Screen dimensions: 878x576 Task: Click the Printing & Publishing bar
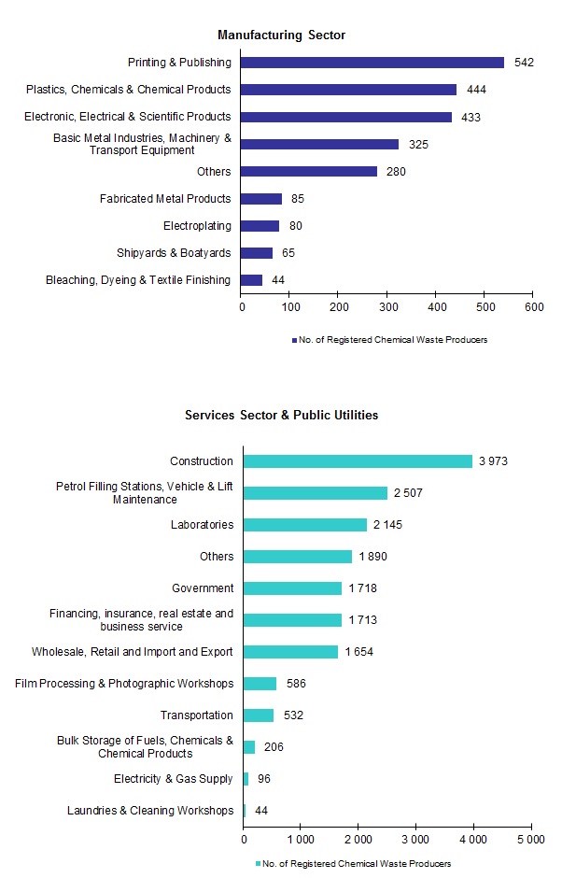click(x=372, y=63)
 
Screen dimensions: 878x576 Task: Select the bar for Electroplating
click(x=260, y=226)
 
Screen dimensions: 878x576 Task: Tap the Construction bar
click(x=358, y=461)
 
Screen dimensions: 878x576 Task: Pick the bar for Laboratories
click(x=304, y=525)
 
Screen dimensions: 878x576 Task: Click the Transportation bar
click(x=259, y=715)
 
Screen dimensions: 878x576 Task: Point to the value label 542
click(x=523, y=63)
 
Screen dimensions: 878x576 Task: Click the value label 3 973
click(x=492, y=461)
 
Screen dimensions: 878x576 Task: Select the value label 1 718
click(x=361, y=588)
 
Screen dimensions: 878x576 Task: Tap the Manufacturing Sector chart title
click(x=281, y=35)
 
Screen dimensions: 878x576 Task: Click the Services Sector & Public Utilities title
click(x=281, y=415)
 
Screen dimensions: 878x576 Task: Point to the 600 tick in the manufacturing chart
click(x=533, y=306)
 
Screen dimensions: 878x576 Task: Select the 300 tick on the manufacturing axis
click(x=387, y=306)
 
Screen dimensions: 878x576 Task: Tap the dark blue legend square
click(x=293, y=340)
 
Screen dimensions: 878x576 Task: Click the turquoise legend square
click(x=259, y=864)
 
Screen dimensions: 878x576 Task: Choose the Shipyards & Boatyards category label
click(x=174, y=253)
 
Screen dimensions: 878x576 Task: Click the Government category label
click(x=203, y=588)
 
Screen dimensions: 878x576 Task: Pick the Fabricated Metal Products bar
click(x=261, y=199)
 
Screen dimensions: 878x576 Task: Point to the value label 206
click(x=274, y=747)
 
